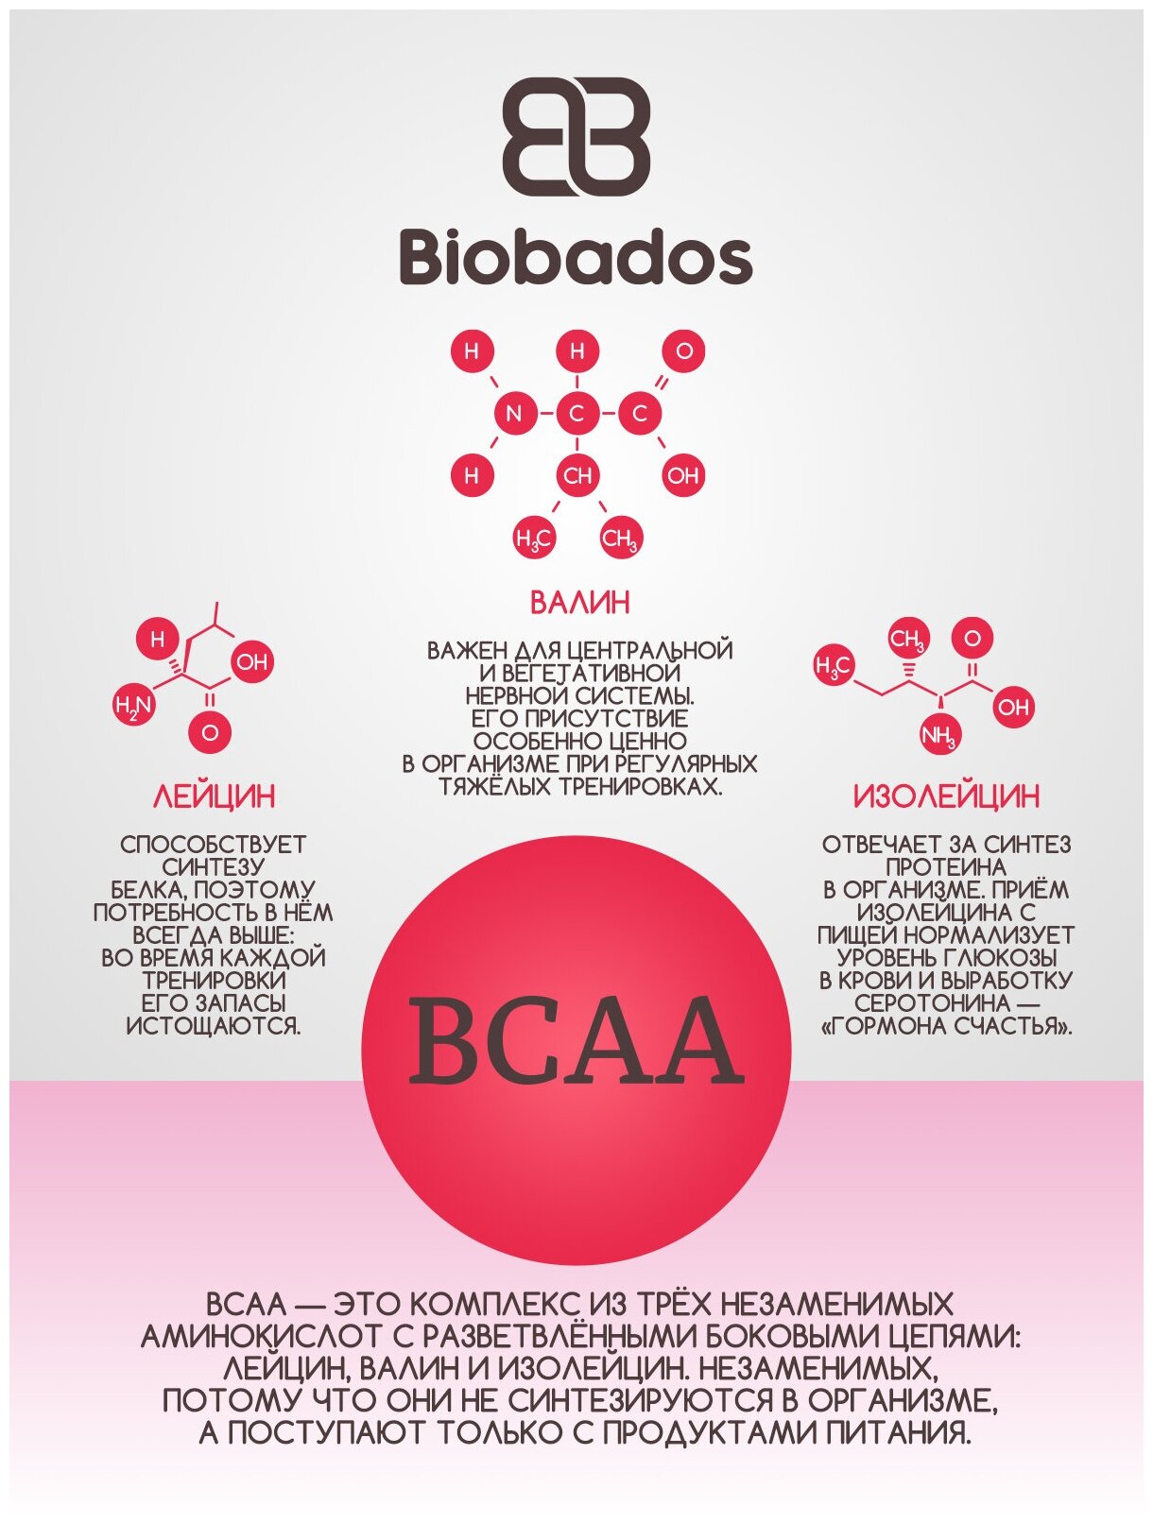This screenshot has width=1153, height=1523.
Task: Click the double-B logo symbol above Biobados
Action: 576,137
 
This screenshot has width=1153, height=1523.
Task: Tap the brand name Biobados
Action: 576,257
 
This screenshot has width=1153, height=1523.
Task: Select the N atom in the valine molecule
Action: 513,413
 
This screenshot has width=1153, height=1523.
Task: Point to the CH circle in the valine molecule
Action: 576,475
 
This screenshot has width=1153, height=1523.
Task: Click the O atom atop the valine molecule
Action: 683,351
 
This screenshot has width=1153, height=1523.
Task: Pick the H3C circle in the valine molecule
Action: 533,539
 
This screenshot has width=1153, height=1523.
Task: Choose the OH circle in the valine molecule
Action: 682,475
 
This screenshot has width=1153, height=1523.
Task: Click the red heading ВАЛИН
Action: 579,603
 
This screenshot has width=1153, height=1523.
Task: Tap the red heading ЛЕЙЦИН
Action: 214,796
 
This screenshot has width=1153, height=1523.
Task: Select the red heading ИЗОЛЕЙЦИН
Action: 946,796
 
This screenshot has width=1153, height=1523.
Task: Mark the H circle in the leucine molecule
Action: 158,640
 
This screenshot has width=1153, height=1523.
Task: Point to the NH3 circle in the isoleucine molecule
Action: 939,736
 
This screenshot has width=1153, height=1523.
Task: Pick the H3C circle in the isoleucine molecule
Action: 834,665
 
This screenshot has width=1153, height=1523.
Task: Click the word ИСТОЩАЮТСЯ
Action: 214,1026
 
